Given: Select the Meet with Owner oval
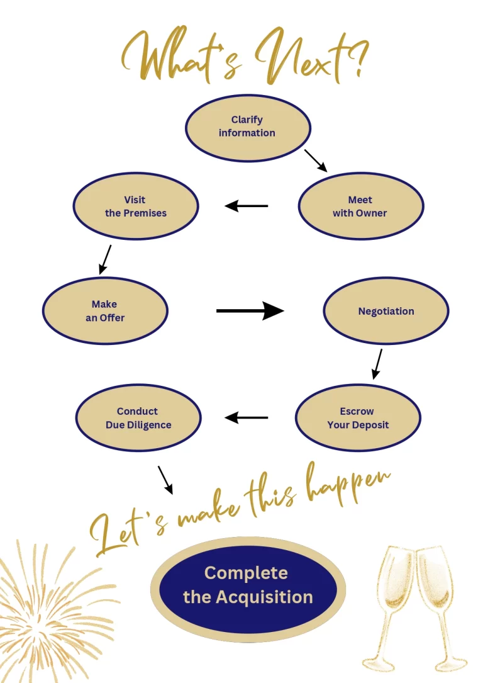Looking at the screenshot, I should coord(360,206).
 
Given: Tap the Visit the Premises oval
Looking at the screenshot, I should coord(136,206).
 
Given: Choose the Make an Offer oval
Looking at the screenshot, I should coord(105,312).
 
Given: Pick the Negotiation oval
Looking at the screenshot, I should coord(386,312).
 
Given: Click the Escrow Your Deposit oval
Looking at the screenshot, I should coord(358,418).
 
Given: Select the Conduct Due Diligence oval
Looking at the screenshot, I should coord(138,418).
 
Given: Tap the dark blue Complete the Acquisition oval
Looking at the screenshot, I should coord(248,585).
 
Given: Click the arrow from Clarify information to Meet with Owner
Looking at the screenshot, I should coord(316,161).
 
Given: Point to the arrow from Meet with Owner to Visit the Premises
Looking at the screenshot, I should coord(247,206).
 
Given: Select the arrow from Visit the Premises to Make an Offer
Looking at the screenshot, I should coord(105,259).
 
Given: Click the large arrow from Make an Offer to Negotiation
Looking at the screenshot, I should coord(250,310).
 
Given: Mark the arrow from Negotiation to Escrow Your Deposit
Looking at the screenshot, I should coord(377,364).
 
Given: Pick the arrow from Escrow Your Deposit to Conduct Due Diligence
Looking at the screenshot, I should coord(247,417).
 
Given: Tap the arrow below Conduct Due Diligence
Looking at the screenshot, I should coord(165,480).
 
